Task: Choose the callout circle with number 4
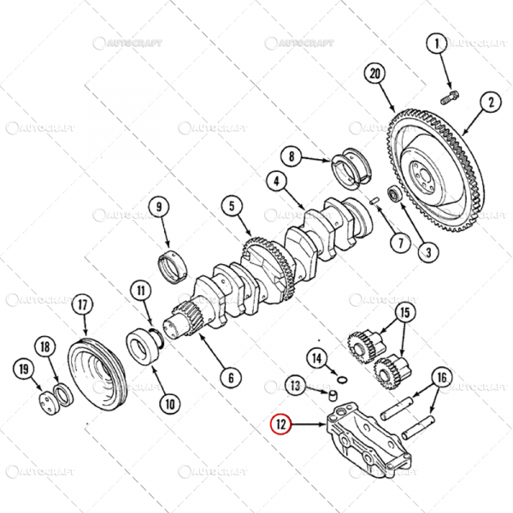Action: [276, 181]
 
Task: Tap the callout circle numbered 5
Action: [230, 206]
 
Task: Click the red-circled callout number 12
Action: [280, 422]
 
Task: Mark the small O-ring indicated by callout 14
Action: [340, 379]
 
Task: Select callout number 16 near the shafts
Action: [440, 377]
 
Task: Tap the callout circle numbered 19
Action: [22, 369]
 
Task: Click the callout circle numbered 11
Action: [140, 291]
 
